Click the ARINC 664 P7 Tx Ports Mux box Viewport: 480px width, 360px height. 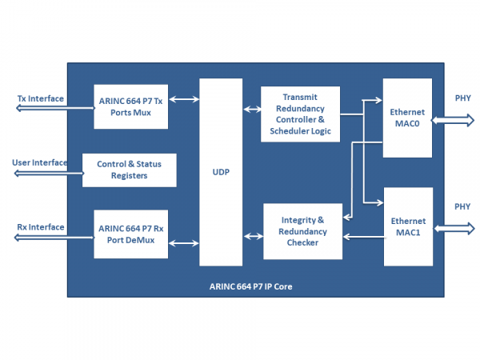(131, 106)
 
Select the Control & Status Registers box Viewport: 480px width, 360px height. (129, 170)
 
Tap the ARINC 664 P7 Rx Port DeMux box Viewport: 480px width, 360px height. (131, 234)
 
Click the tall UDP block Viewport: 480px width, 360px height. (221, 172)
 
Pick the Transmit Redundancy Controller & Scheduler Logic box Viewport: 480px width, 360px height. (300, 114)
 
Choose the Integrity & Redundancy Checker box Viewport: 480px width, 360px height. (302, 231)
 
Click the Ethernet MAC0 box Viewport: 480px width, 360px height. (407, 118)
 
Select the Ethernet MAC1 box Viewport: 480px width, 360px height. (408, 226)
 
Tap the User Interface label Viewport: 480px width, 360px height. (40, 162)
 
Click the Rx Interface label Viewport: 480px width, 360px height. (41, 227)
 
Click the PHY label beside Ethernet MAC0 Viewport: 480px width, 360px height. (462, 98)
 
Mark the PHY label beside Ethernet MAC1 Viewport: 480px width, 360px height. (462, 206)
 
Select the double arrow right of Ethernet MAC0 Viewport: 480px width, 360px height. (454, 120)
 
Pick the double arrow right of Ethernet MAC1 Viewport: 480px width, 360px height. (454, 227)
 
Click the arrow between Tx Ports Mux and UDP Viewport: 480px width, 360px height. (184, 99)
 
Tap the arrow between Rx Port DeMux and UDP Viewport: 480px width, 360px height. (184, 242)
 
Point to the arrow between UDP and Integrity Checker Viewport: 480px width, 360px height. (253, 236)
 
